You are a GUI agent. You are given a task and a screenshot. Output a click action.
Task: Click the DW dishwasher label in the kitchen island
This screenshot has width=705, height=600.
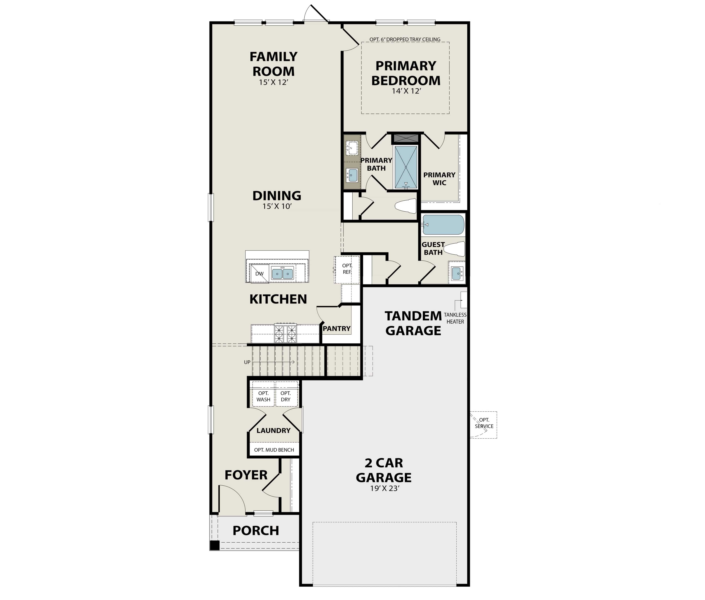coord(259,274)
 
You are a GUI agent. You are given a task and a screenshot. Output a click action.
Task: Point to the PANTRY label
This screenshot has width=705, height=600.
coord(337,328)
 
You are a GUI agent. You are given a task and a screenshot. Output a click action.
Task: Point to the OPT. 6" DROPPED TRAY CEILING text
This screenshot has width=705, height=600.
coord(405,39)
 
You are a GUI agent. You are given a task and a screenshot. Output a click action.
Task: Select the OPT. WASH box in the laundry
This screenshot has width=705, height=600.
coord(263,396)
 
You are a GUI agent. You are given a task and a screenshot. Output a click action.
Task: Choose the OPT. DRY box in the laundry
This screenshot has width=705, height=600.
coord(285,396)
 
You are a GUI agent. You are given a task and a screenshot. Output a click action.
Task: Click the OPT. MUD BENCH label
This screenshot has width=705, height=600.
coord(274,450)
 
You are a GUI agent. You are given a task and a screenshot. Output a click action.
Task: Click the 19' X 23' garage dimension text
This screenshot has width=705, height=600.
coord(384,488)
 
